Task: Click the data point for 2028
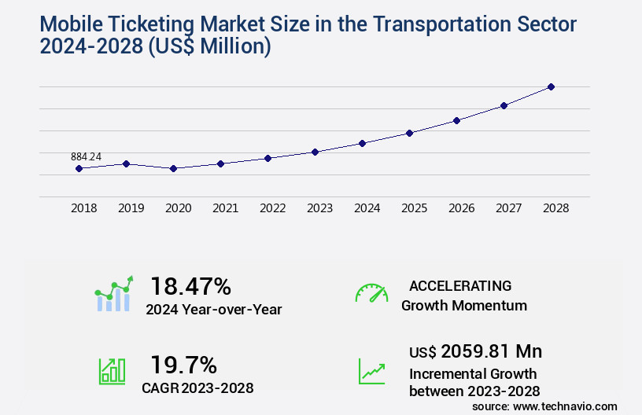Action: point(551,86)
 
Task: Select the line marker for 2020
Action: point(173,168)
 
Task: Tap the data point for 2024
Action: point(362,143)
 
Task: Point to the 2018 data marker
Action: point(79,168)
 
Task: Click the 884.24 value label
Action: point(86,157)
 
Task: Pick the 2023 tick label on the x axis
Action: point(319,208)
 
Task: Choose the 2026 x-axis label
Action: point(461,208)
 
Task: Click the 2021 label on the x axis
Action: point(225,208)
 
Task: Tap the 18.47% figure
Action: point(190,286)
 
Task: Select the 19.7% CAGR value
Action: point(183,365)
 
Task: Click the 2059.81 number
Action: point(480,351)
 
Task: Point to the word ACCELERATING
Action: point(460,285)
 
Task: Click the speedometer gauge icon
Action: point(371,292)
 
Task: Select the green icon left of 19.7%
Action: point(112,371)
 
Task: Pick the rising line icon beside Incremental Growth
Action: point(371,371)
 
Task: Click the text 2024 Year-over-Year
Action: point(213,310)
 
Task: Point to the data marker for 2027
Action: point(504,105)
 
